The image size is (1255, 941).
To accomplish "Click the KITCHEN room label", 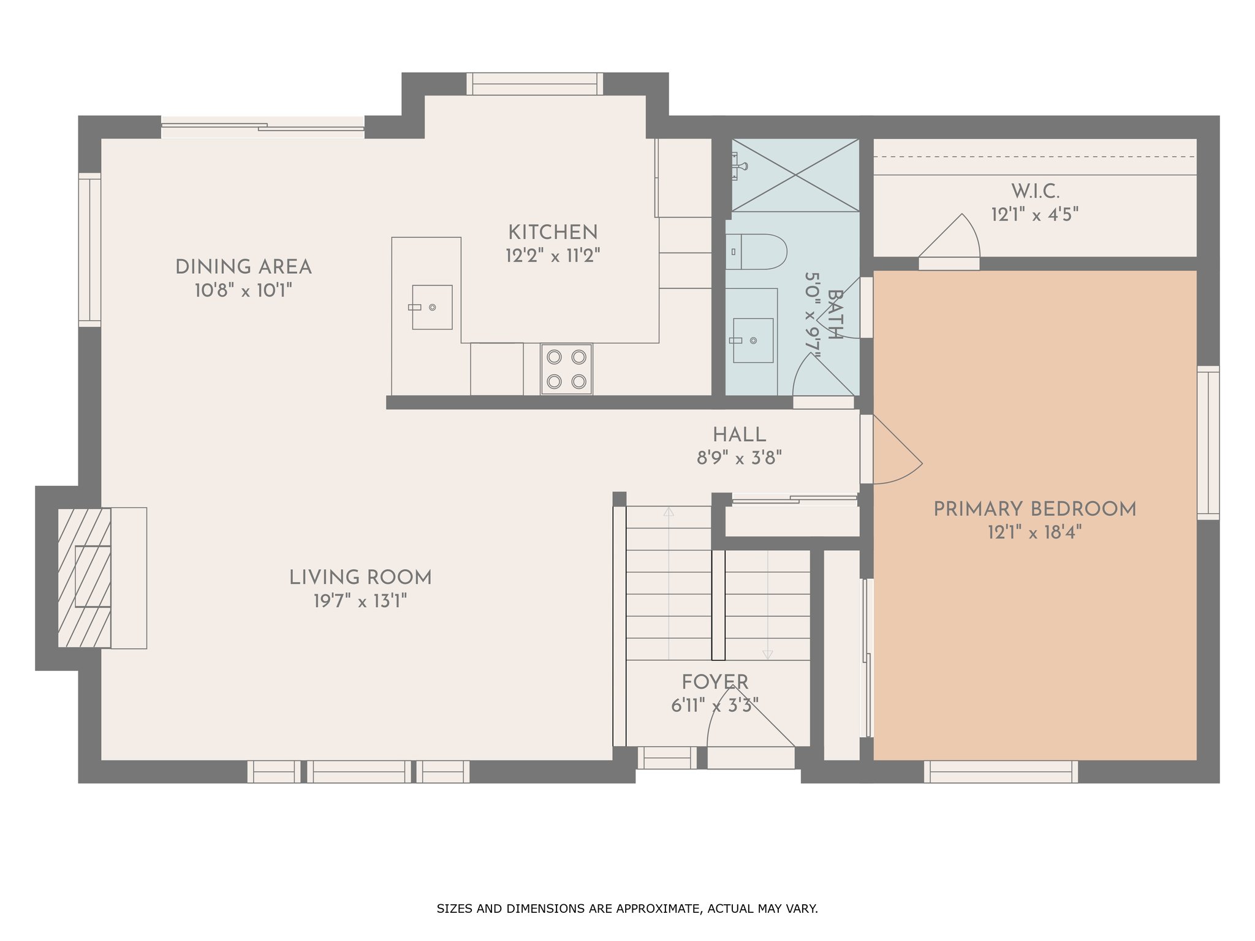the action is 553,232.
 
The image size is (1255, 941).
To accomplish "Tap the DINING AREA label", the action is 243,267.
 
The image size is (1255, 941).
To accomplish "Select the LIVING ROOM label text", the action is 360,578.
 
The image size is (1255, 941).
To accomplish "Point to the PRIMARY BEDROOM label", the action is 1034,509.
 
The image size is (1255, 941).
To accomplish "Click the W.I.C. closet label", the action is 1035,192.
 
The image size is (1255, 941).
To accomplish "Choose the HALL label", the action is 739,435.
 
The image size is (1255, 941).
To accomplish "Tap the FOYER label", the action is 715,682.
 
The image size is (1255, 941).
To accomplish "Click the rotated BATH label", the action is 835,314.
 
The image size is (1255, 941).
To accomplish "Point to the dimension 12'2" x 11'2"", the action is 553,255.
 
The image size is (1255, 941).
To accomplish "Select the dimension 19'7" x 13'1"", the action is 360,601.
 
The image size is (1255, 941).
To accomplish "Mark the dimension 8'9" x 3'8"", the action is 739,458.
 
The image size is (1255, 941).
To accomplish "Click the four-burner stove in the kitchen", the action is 566,369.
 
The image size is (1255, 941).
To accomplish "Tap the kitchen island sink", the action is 432,307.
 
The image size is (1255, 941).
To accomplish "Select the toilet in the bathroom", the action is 756,252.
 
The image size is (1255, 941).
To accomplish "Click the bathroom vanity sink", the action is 753,340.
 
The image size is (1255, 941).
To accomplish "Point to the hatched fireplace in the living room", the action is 85,578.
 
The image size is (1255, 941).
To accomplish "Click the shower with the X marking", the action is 795,175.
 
